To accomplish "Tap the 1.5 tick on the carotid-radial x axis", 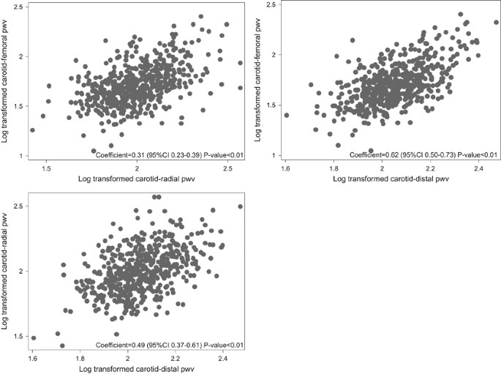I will [x=46, y=168].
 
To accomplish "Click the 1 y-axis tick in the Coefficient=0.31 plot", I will [x=21, y=155].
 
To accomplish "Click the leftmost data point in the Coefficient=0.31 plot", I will [x=32, y=130].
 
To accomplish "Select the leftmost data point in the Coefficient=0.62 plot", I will [x=286, y=115].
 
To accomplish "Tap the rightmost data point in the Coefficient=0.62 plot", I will [x=497, y=22].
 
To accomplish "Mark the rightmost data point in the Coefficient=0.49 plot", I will [x=241, y=206].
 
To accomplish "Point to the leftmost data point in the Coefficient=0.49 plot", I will [x=34, y=338].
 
